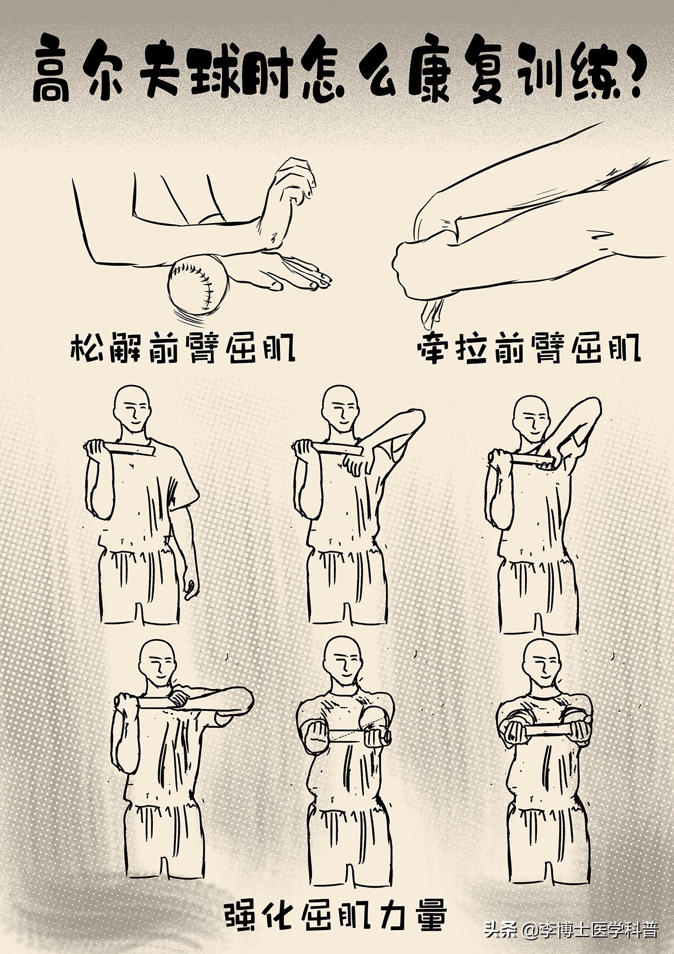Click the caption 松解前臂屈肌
tap(183, 349)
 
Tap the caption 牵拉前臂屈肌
tap(528, 349)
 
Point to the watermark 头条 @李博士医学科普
tap(571, 931)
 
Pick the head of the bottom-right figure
tap(541, 664)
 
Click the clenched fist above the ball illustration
tap(294, 179)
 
